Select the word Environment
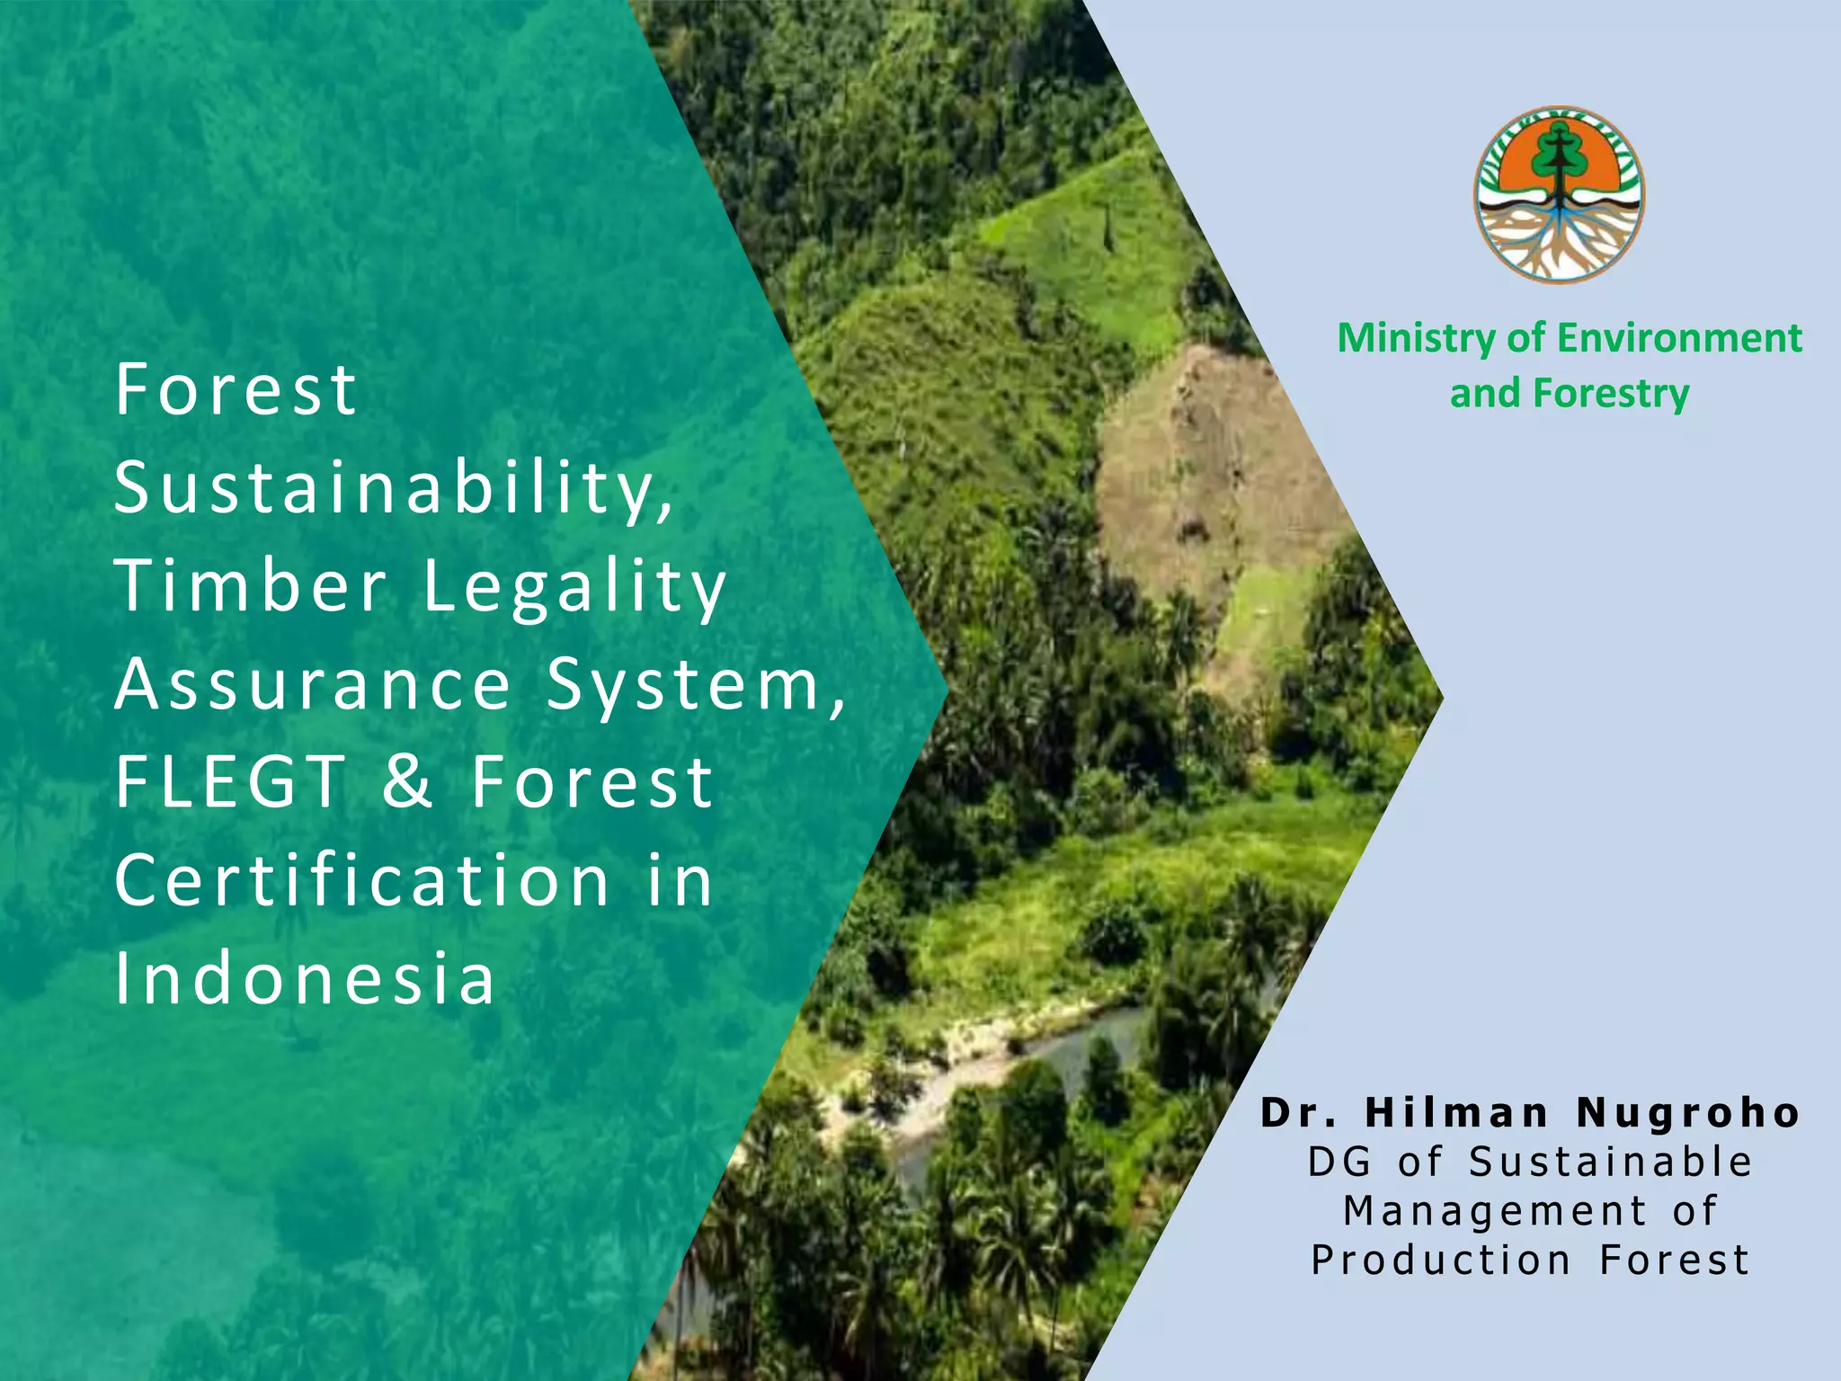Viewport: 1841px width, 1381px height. click(x=1679, y=339)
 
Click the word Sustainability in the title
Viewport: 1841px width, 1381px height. click(x=394, y=488)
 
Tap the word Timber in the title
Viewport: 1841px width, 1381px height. click(x=251, y=585)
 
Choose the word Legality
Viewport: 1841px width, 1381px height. click(x=574, y=587)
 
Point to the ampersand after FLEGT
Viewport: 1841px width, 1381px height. click(x=407, y=781)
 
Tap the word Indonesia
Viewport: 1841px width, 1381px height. click(x=305, y=977)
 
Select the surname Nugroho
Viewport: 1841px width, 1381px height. click(x=1688, y=1113)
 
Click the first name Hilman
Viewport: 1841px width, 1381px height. click(x=1456, y=1113)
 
